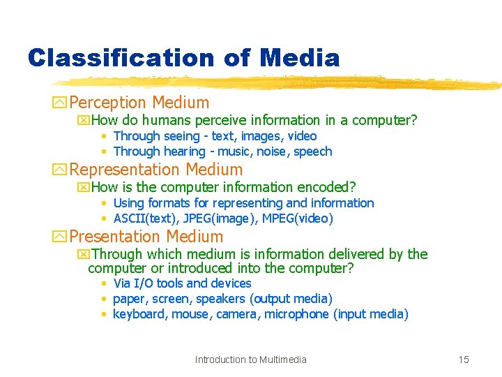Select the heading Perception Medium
coord(139,103)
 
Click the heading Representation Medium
coord(156,170)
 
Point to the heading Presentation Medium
coord(146,237)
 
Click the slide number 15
coord(464,360)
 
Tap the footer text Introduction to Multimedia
coord(250,360)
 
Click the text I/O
coord(144,283)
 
